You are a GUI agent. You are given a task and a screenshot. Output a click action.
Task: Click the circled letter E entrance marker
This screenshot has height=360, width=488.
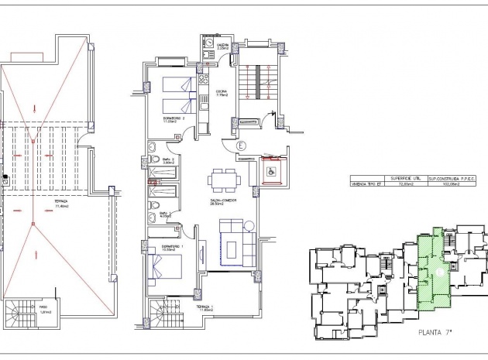[240, 144]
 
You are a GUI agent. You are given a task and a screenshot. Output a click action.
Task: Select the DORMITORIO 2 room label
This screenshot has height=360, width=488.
[172, 119]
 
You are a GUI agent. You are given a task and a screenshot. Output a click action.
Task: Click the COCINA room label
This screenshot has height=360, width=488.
[222, 93]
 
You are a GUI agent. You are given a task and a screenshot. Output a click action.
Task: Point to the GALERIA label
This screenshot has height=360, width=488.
[211, 46]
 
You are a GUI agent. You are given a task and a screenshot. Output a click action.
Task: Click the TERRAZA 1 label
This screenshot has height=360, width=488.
[204, 308]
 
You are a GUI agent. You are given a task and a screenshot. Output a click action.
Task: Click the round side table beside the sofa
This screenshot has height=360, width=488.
[249, 225]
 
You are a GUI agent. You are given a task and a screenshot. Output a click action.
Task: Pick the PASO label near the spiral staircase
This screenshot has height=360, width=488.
[44, 311]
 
